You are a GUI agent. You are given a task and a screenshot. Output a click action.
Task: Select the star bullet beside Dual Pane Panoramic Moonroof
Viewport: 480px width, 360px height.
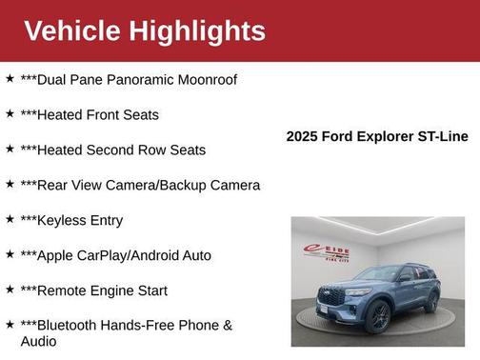[x=10, y=78]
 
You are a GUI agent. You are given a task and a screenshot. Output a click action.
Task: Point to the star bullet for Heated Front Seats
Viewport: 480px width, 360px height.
[x=10, y=113]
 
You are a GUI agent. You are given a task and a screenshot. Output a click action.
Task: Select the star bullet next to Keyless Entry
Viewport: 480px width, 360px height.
[x=10, y=219]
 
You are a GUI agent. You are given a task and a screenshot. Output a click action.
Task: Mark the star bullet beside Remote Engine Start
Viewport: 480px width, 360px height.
[x=10, y=290]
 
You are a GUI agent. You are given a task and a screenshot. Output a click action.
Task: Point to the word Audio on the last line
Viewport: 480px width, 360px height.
[x=39, y=341]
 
